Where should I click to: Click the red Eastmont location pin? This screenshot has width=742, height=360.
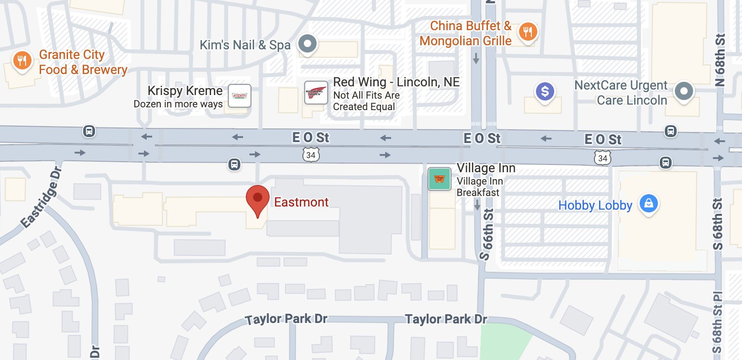click(x=258, y=199)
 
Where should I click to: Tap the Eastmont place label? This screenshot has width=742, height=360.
click(x=301, y=202)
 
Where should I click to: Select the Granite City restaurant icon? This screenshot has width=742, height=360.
click(x=22, y=61)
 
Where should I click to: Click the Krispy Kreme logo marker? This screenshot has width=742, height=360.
click(x=239, y=95)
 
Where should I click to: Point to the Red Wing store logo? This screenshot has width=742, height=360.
click(x=316, y=93)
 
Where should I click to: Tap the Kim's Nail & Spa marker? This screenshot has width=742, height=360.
click(x=307, y=44)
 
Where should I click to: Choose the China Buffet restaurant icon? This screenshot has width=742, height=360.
click(x=528, y=32)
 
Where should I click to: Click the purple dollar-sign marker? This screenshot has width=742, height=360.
click(x=545, y=92)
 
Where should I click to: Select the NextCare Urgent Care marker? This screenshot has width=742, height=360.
click(x=684, y=91)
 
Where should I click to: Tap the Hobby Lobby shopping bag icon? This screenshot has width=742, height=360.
click(x=648, y=203)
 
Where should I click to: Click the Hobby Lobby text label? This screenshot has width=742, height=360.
click(x=595, y=206)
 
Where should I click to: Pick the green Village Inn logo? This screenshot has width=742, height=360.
click(x=440, y=179)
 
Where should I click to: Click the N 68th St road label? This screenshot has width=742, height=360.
click(x=720, y=59)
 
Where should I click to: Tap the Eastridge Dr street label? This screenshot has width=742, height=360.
click(x=41, y=198)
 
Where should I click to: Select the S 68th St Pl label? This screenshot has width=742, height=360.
click(x=717, y=322)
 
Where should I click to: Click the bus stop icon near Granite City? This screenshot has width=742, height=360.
click(x=89, y=132)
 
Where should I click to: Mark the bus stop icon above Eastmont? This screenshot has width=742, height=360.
click(x=234, y=164)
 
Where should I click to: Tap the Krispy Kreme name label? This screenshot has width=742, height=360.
click(x=185, y=91)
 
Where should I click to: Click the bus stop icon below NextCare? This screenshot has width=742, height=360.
click(x=670, y=132)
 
